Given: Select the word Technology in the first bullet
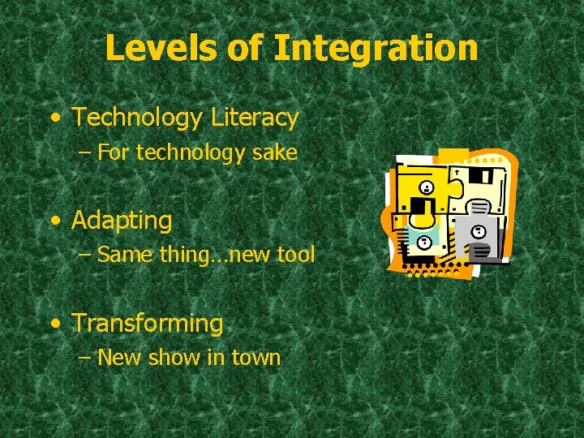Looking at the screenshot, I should pos(137,118).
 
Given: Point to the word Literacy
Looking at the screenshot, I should pos(255,118).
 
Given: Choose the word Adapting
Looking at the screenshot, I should pos(122,220).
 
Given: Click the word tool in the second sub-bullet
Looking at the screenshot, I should pos(295,255).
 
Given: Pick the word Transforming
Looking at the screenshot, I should pos(148,323).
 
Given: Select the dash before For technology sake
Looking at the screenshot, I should pos(85,153).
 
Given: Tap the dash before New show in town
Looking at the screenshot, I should pos(85,358).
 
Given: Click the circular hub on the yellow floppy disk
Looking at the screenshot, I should pos(427,188).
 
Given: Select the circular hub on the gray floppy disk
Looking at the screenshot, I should pos(479,232).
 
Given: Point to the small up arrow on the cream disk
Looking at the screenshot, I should pos(457,173).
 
